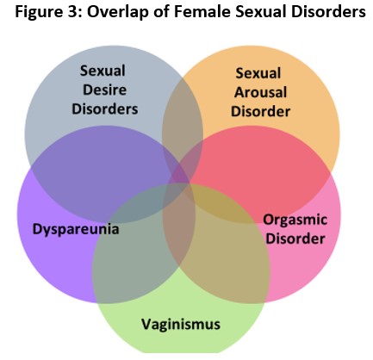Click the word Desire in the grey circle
pos(104,90)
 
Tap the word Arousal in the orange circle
pos(260,92)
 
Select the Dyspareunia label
pos(76,230)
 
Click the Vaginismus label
pos(181,325)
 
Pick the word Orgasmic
pos(295,220)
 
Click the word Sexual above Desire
pos(103,71)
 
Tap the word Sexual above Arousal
pos(258,73)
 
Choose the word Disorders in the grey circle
pos(105,109)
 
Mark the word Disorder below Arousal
pos(260,111)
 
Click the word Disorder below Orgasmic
pos(295,239)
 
